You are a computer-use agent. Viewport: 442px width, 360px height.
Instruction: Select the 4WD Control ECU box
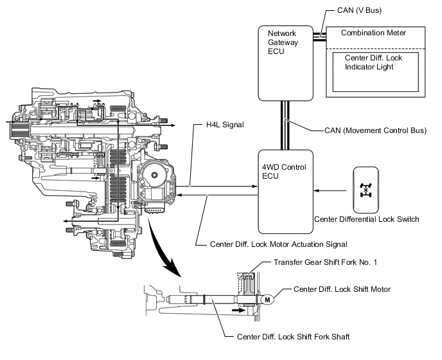[x=285, y=191]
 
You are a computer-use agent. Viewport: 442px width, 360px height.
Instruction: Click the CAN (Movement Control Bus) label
[x=375, y=131]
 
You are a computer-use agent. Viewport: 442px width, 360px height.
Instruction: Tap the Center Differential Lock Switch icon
[x=367, y=190]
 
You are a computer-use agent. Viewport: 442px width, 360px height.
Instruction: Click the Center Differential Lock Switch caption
[x=367, y=219]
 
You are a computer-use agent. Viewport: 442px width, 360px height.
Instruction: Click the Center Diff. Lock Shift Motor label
[x=342, y=289]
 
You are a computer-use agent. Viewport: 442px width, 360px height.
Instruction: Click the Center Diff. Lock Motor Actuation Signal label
[x=279, y=244]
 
